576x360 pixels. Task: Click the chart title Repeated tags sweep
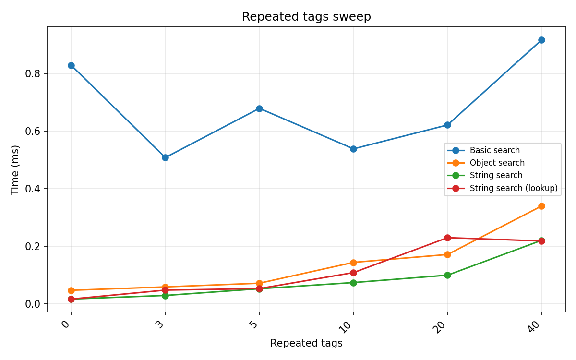pos(306,17)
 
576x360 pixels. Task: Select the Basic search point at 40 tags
pos(541,40)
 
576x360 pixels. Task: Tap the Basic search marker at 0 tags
pos(71,65)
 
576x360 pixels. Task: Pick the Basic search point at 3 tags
pos(165,157)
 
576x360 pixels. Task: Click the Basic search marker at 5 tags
pos(259,108)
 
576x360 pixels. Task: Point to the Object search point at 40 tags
pos(541,206)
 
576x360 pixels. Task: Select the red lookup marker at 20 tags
pos(447,238)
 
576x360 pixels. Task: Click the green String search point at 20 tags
pos(447,275)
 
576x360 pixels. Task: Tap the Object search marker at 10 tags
pos(353,263)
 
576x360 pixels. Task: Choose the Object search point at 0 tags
pos(71,290)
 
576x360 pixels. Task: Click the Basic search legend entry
pos(494,151)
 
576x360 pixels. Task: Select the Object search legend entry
pos(497,163)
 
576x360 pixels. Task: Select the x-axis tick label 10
pos(351,326)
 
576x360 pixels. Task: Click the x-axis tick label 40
pos(540,326)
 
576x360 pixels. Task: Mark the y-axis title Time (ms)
pos(15,169)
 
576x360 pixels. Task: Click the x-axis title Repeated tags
pos(306,343)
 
